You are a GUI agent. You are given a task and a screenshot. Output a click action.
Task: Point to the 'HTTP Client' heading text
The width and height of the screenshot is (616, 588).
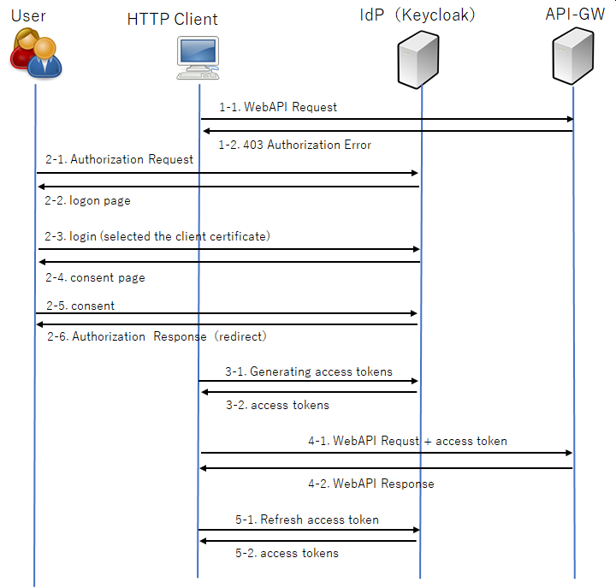click(172, 19)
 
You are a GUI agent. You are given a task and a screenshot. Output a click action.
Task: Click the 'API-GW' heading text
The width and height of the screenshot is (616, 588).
click(575, 15)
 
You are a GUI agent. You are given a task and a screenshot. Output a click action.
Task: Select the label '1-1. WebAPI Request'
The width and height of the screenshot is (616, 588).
click(278, 107)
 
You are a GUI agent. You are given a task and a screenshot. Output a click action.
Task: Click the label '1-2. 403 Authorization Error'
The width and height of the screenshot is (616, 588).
click(295, 145)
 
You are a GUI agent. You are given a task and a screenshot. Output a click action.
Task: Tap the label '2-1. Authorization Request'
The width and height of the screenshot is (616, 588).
click(119, 159)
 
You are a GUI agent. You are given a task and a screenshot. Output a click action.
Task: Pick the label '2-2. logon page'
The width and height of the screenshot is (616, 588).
click(87, 200)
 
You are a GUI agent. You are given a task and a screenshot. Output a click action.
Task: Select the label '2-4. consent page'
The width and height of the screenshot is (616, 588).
click(95, 277)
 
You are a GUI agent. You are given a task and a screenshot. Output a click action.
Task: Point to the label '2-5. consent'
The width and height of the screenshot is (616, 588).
click(80, 306)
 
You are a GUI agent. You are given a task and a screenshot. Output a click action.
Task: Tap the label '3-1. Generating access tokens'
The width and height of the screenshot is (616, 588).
click(309, 371)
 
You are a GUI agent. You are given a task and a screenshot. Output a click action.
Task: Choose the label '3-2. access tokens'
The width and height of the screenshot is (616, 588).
click(277, 405)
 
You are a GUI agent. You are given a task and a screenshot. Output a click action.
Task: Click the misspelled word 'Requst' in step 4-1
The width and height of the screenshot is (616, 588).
click(400, 441)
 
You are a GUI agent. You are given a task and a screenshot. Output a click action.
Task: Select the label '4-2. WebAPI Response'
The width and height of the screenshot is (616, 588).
click(371, 484)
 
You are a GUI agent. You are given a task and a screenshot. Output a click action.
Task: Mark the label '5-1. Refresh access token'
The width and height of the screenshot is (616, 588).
click(307, 520)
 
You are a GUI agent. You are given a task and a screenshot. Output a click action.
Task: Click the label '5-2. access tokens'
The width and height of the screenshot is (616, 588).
click(287, 553)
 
